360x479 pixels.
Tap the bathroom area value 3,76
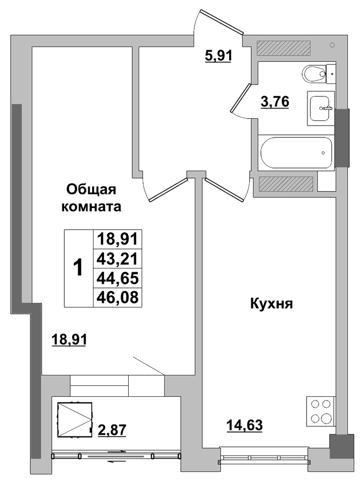tap(275, 101)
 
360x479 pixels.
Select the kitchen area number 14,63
tap(245, 425)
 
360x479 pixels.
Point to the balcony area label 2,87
tap(112, 430)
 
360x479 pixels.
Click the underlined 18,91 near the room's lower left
tap(69, 339)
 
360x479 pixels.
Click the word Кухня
tap(271, 304)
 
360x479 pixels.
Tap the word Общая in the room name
tap(91, 190)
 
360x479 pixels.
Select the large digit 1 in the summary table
tap(78, 267)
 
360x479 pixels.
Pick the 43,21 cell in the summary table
tap(117, 259)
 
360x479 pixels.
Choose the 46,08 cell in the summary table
tap(117, 297)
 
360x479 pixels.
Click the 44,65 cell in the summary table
tap(117, 278)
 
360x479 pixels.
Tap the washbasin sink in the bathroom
tap(320, 108)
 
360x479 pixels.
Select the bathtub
tap(296, 153)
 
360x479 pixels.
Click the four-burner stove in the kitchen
tap(320, 411)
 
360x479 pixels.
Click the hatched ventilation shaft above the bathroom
tap(283, 48)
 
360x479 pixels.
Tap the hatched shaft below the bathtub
tap(286, 182)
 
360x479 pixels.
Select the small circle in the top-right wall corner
tap(332, 45)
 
